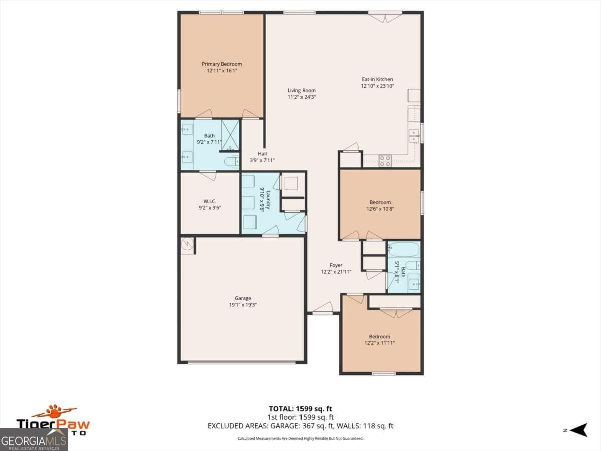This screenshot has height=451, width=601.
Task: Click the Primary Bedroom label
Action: [x=222, y=64]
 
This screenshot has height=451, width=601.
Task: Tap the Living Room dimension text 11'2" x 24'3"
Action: [x=302, y=97]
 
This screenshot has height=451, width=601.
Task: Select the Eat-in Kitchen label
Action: [x=377, y=79]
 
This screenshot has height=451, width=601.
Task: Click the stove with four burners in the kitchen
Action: [x=385, y=161]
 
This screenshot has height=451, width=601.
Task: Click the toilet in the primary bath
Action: [x=232, y=161]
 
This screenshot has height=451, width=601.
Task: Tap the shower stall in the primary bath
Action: [x=230, y=134]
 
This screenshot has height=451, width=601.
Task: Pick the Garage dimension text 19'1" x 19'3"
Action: [x=243, y=305]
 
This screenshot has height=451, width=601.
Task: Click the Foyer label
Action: [x=336, y=265]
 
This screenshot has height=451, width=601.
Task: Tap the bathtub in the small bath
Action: [x=404, y=249]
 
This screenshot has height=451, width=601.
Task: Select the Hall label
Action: [x=262, y=154]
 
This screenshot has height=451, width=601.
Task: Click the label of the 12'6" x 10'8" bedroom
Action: [x=380, y=202]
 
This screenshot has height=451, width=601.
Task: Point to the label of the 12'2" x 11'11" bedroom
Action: [x=379, y=337]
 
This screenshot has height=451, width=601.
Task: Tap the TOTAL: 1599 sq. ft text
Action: [x=300, y=408]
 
